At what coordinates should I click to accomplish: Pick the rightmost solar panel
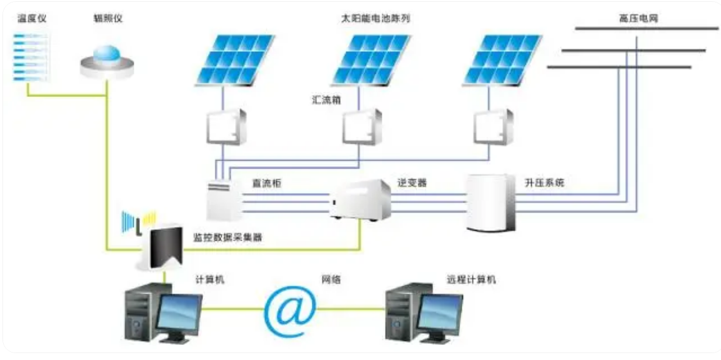point(502,59)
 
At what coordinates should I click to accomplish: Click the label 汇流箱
point(326,100)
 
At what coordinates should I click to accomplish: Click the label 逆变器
point(412,182)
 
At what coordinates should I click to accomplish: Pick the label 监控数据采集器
point(227,239)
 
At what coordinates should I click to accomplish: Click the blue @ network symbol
point(290,309)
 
